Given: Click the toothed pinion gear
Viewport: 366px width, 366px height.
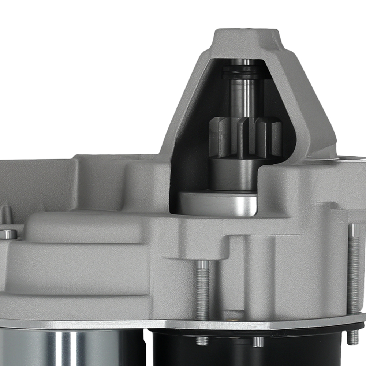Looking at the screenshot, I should coord(245,137).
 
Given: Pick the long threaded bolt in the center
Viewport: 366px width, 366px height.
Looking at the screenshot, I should coord(202,289).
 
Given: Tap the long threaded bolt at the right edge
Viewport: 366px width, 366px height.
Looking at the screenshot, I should coord(354,267).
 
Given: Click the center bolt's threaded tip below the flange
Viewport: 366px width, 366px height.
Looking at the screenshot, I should coord(202,340).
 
